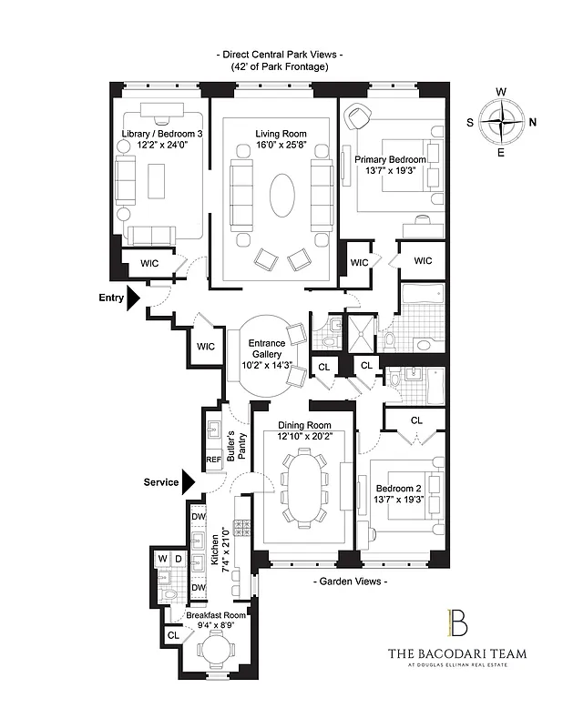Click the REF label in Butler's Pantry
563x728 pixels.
213,460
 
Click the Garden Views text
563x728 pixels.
350,580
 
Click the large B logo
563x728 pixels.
456,623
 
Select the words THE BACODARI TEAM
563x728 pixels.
456,653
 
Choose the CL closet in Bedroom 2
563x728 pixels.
415,420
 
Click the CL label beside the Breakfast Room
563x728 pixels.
173,635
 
